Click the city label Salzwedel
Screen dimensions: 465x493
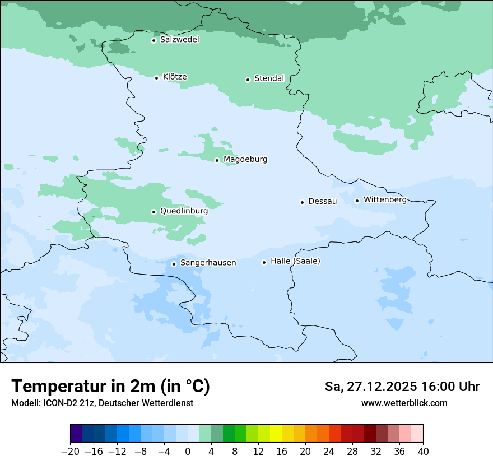tap(179, 40)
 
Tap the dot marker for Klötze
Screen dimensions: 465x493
tap(157, 78)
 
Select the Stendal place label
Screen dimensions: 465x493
tap(269, 78)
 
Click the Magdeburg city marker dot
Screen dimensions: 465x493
tap(217, 160)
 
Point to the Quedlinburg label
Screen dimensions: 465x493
tap(184, 211)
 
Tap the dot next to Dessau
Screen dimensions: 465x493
tap(303, 202)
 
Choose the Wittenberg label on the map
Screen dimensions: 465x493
tap(385, 199)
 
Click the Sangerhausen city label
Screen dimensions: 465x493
tap(208, 263)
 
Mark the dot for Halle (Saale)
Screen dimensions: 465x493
tap(264, 262)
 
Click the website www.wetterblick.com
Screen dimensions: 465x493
tap(404, 403)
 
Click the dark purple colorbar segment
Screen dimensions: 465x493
tap(76, 434)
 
